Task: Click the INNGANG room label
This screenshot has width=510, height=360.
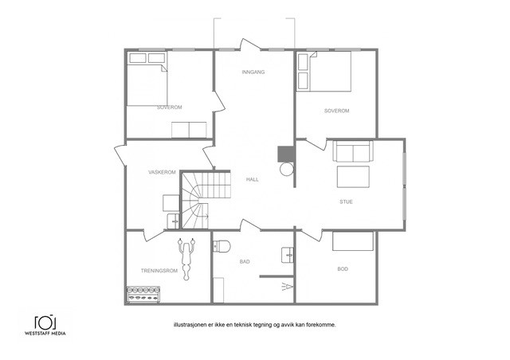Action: [253, 72]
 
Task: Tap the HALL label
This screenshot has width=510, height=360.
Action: [253, 179]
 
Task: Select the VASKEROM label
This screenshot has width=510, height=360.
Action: [162, 172]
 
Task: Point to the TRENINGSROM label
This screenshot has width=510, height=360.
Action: [159, 271]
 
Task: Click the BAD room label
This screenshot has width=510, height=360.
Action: [245, 261]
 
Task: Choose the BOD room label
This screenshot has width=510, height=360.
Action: [343, 269]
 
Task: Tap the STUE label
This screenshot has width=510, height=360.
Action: [346, 202]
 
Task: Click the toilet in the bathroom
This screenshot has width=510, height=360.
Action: [222, 246]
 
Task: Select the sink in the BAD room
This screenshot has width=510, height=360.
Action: [288, 256]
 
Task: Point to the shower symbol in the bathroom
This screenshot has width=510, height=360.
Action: [288, 287]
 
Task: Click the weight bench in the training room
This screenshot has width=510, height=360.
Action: [186, 259]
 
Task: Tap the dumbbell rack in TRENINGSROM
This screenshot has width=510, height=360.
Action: [143, 295]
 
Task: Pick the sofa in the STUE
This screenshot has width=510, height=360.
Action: [353, 151]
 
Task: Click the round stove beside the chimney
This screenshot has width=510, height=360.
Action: [287, 169]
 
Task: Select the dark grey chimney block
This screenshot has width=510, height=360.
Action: [286, 154]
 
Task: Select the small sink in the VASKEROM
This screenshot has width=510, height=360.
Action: [173, 221]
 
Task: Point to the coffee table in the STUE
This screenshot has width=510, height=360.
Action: [353, 177]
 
